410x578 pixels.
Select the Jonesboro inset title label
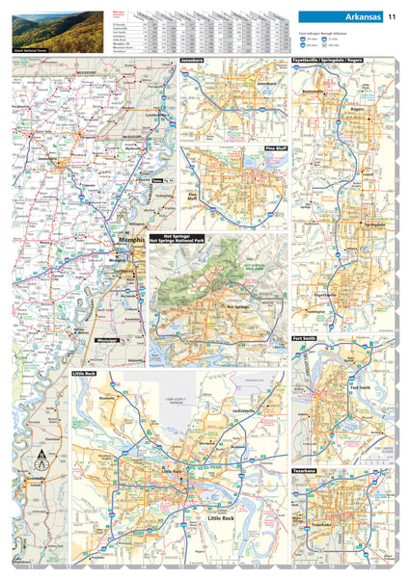coord(194,60)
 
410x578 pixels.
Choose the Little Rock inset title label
coord(85,371)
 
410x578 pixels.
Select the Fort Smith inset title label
coord(305,339)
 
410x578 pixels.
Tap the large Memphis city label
coord(130,240)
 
